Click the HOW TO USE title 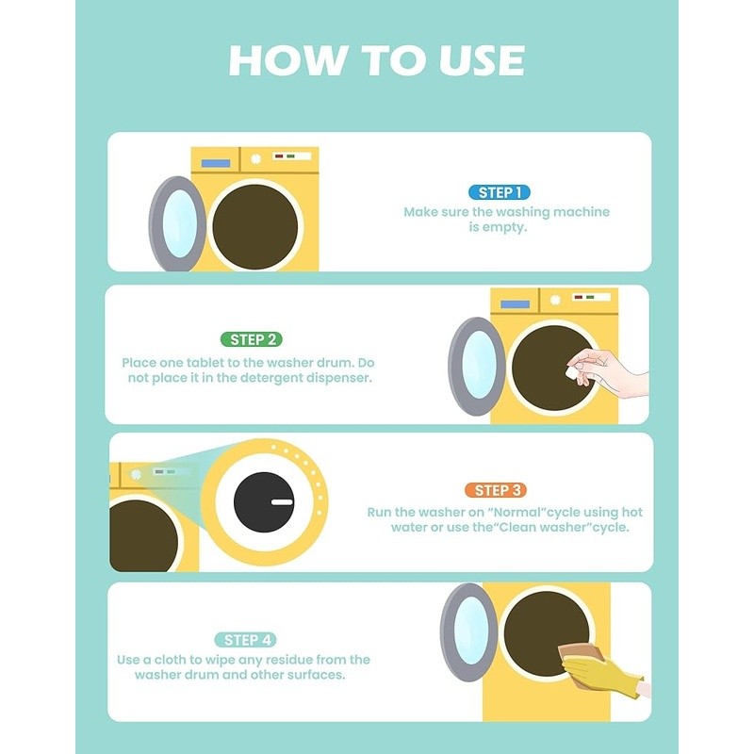376,60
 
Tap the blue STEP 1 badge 500,192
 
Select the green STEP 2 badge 252,339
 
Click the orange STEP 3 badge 496,490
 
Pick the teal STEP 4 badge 246,640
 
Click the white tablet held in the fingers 572,372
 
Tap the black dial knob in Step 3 264,502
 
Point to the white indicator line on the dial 282,502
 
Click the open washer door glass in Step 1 179,223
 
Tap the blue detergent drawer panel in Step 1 216,163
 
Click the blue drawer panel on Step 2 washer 515,304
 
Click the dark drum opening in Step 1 254,226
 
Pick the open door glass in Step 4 471,631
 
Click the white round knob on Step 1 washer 255,158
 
